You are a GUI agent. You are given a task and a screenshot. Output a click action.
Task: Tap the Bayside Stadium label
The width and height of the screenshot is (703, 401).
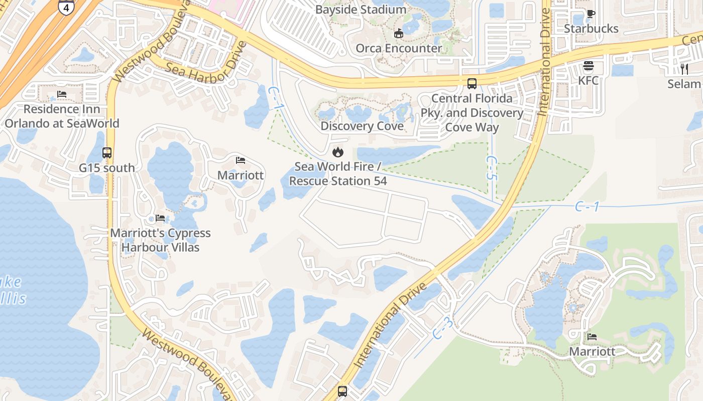coord(361,10)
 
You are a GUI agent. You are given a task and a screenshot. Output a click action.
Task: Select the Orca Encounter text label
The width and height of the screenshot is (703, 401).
coord(399,48)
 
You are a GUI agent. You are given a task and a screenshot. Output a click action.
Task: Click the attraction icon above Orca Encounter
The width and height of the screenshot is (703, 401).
coord(399,34)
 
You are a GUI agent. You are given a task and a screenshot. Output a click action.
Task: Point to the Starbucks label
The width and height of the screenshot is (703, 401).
coord(591,29)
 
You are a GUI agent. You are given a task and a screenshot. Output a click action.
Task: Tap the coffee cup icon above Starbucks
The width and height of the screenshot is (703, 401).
coord(591,14)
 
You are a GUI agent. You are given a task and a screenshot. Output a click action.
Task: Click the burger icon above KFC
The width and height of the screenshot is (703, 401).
coord(589,66)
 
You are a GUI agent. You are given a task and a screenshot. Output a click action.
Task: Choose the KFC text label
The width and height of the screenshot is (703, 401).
coord(589,80)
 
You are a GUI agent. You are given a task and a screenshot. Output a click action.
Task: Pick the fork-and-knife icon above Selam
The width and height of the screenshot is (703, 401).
coord(683,69)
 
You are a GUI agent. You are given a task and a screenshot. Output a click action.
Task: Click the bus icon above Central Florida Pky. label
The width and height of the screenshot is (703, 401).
coord(472,84)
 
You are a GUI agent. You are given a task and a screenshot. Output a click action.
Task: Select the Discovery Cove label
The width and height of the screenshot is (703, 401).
coord(362,126)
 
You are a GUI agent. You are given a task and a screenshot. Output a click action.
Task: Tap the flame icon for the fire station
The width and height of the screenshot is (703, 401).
coord(338,151)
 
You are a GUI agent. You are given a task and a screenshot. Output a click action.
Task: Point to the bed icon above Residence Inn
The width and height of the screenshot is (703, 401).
coord(62,94)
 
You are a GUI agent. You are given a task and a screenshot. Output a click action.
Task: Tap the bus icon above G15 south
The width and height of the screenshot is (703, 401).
coord(106,153)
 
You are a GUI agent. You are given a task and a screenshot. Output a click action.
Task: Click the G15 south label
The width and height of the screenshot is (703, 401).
coord(106,168)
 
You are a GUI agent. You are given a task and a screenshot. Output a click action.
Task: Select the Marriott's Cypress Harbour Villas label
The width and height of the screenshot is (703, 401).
coord(160,240)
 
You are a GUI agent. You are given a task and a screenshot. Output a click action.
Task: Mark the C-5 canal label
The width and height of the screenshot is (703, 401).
coord(491,168)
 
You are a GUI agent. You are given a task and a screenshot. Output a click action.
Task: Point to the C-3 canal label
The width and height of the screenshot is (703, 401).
coord(442,329)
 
